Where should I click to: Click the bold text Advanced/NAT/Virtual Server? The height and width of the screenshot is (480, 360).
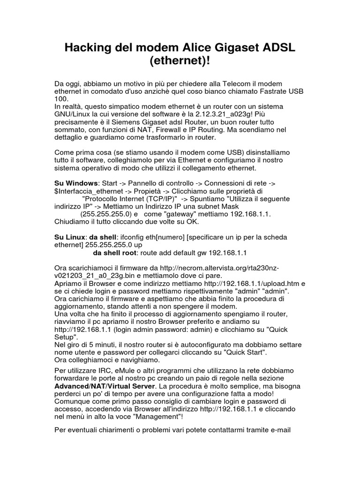pos(105,386)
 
